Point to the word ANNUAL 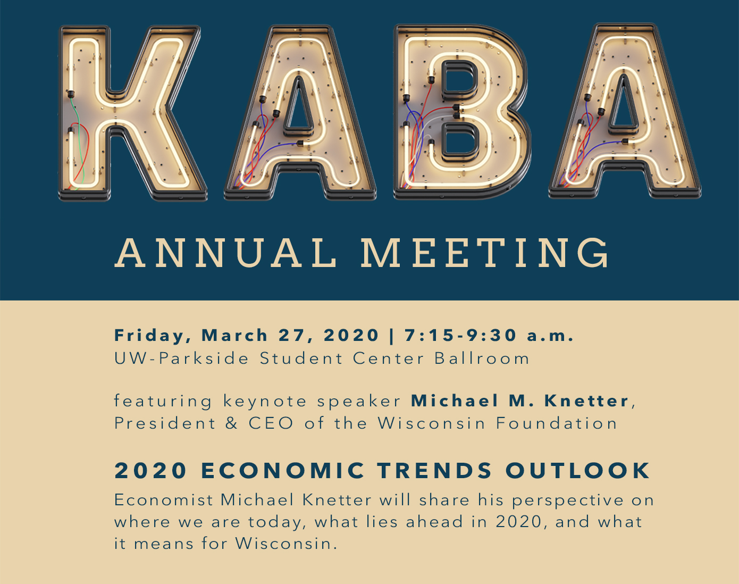coord(225,253)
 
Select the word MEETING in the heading coord(485,253)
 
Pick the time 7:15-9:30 coord(460,335)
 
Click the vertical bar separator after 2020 coord(391,336)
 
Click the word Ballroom coord(482,358)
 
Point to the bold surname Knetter coord(586,401)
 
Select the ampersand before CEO coord(231,423)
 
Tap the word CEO coord(271,423)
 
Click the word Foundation coord(556,423)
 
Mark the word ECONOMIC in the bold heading coord(283,470)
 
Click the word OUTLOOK coord(577,470)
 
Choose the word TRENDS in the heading coord(435,470)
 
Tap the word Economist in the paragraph coord(163,500)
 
